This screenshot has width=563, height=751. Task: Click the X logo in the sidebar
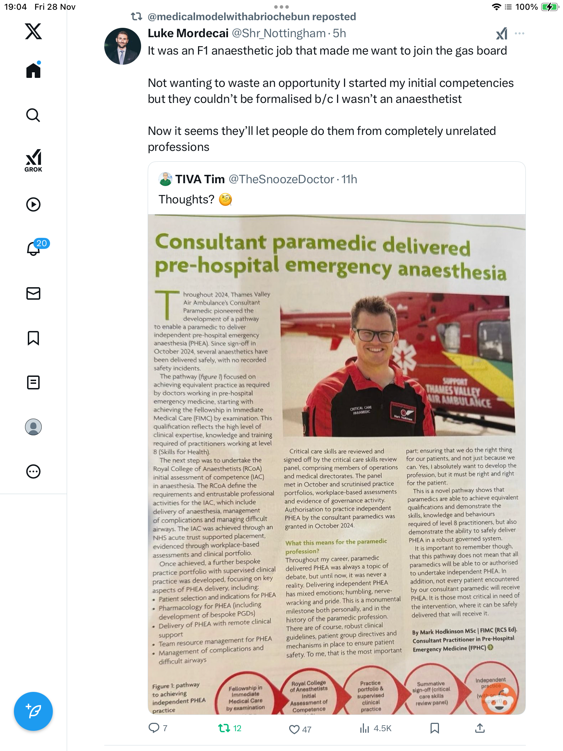tap(33, 31)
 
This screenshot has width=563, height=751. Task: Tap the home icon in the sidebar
tap(33, 71)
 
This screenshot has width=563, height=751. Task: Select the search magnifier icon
tap(33, 115)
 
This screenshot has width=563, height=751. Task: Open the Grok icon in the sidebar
tap(33, 160)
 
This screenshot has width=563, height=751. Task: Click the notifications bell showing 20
tap(34, 248)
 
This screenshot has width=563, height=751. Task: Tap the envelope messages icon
tap(33, 293)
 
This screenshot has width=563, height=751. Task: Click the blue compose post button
tap(33, 711)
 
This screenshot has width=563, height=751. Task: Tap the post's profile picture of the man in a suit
tap(122, 46)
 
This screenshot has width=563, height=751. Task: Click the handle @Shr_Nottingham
tap(278, 33)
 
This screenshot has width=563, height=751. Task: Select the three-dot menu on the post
tap(519, 33)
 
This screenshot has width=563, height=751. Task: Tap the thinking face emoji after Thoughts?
tap(226, 200)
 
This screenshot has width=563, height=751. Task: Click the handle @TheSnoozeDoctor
tap(281, 179)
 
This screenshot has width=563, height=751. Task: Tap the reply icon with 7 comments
tap(154, 728)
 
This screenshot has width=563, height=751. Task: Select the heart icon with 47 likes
tap(294, 729)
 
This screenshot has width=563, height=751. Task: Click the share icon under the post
tap(480, 728)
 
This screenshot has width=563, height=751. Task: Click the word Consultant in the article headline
tap(211, 242)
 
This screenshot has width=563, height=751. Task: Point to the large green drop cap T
tap(167, 305)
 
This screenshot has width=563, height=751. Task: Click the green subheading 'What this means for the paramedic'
tap(336, 542)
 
